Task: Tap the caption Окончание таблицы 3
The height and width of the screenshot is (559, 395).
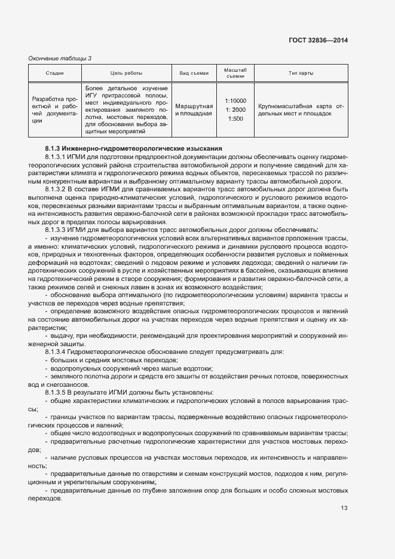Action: click(x=60, y=58)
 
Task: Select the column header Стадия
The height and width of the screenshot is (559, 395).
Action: click(x=55, y=74)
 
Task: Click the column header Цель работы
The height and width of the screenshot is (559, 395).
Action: click(x=125, y=74)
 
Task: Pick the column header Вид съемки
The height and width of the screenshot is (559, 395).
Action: click(x=194, y=74)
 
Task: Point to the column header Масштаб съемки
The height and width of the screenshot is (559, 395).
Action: click(x=235, y=73)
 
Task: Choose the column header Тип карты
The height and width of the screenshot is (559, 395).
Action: click(x=301, y=74)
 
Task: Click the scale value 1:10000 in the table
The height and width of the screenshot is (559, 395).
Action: click(x=235, y=101)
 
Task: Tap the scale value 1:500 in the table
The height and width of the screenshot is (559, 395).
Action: click(x=235, y=119)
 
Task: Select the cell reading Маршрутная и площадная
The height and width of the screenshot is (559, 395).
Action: click(x=194, y=109)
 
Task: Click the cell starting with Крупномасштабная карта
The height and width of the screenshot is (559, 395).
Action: click(x=301, y=109)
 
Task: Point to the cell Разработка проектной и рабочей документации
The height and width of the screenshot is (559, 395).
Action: click(x=54, y=109)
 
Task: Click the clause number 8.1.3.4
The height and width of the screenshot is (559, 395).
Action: click(x=59, y=352)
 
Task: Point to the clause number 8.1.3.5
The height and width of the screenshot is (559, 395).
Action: click(x=59, y=392)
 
